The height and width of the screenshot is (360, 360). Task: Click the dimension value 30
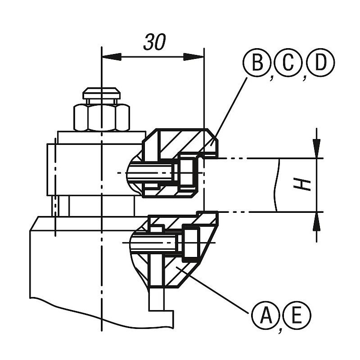tap(154, 42)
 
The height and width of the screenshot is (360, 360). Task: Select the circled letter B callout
tap(257, 63)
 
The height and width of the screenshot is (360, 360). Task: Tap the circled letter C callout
tap(289, 63)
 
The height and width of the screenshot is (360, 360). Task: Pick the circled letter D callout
tap(321, 63)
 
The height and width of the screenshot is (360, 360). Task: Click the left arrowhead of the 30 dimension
tap(112, 57)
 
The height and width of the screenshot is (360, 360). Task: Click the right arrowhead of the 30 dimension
tap(193, 57)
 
